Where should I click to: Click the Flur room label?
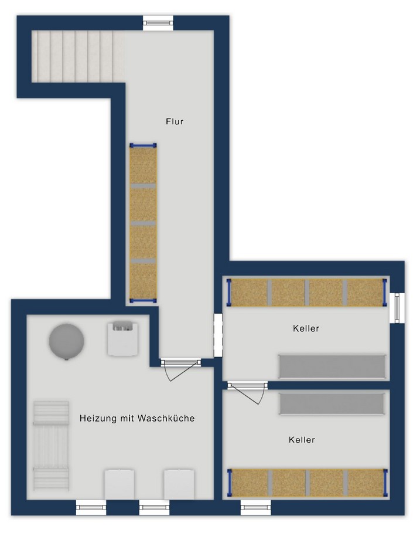pyautogui.click(x=175, y=121)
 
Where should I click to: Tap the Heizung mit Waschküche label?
pyautogui.click(x=137, y=418)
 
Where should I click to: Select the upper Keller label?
pyautogui.click(x=306, y=328)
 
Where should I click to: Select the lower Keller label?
pyautogui.click(x=302, y=440)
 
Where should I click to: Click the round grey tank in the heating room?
pyautogui.click(x=67, y=341)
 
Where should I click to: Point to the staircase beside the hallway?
pyautogui.click(x=78, y=56)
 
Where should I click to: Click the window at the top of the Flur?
pyautogui.click(x=158, y=23)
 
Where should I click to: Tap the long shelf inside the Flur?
pyautogui.click(x=144, y=223)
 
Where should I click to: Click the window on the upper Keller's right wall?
pyautogui.click(x=397, y=308)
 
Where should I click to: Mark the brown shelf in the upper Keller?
pyautogui.click(x=307, y=293)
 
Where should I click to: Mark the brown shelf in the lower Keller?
pyautogui.click(x=308, y=483)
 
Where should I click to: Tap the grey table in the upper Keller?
pyautogui.click(x=332, y=366)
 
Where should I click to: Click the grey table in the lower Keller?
pyautogui.click(x=332, y=404)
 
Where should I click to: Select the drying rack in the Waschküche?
pyautogui.click(x=51, y=446)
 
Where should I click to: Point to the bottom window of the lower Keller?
pyautogui.click(x=255, y=508)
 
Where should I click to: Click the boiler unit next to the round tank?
pyautogui.click(x=123, y=338)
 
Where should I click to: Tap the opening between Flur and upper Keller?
pyautogui.click(x=218, y=335)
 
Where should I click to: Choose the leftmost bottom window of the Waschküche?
pyautogui.click(x=91, y=508)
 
